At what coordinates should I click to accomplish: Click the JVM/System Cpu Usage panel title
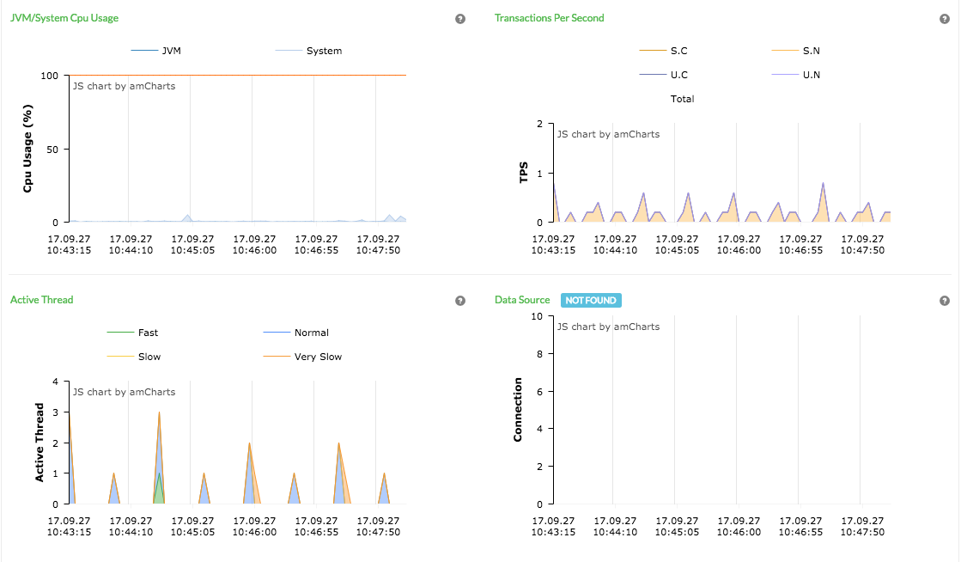(64, 18)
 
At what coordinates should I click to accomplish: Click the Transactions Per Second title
(549, 18)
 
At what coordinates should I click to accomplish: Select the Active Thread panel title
(41, 300)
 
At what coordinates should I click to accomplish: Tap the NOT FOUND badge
(591, 300)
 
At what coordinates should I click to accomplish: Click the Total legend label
(682, 99)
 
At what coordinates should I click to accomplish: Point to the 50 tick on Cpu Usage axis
(52, 150)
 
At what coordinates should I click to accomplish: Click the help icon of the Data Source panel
(945, 301)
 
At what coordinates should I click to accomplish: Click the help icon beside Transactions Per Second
(945, 19)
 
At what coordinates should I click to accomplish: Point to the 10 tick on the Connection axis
(538, 316)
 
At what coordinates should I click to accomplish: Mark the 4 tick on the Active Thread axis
(55, 382)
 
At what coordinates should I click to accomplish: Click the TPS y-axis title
(524, 173)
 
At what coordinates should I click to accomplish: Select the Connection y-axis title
(518, 410)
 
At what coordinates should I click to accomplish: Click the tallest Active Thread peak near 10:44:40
(159, 413)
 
